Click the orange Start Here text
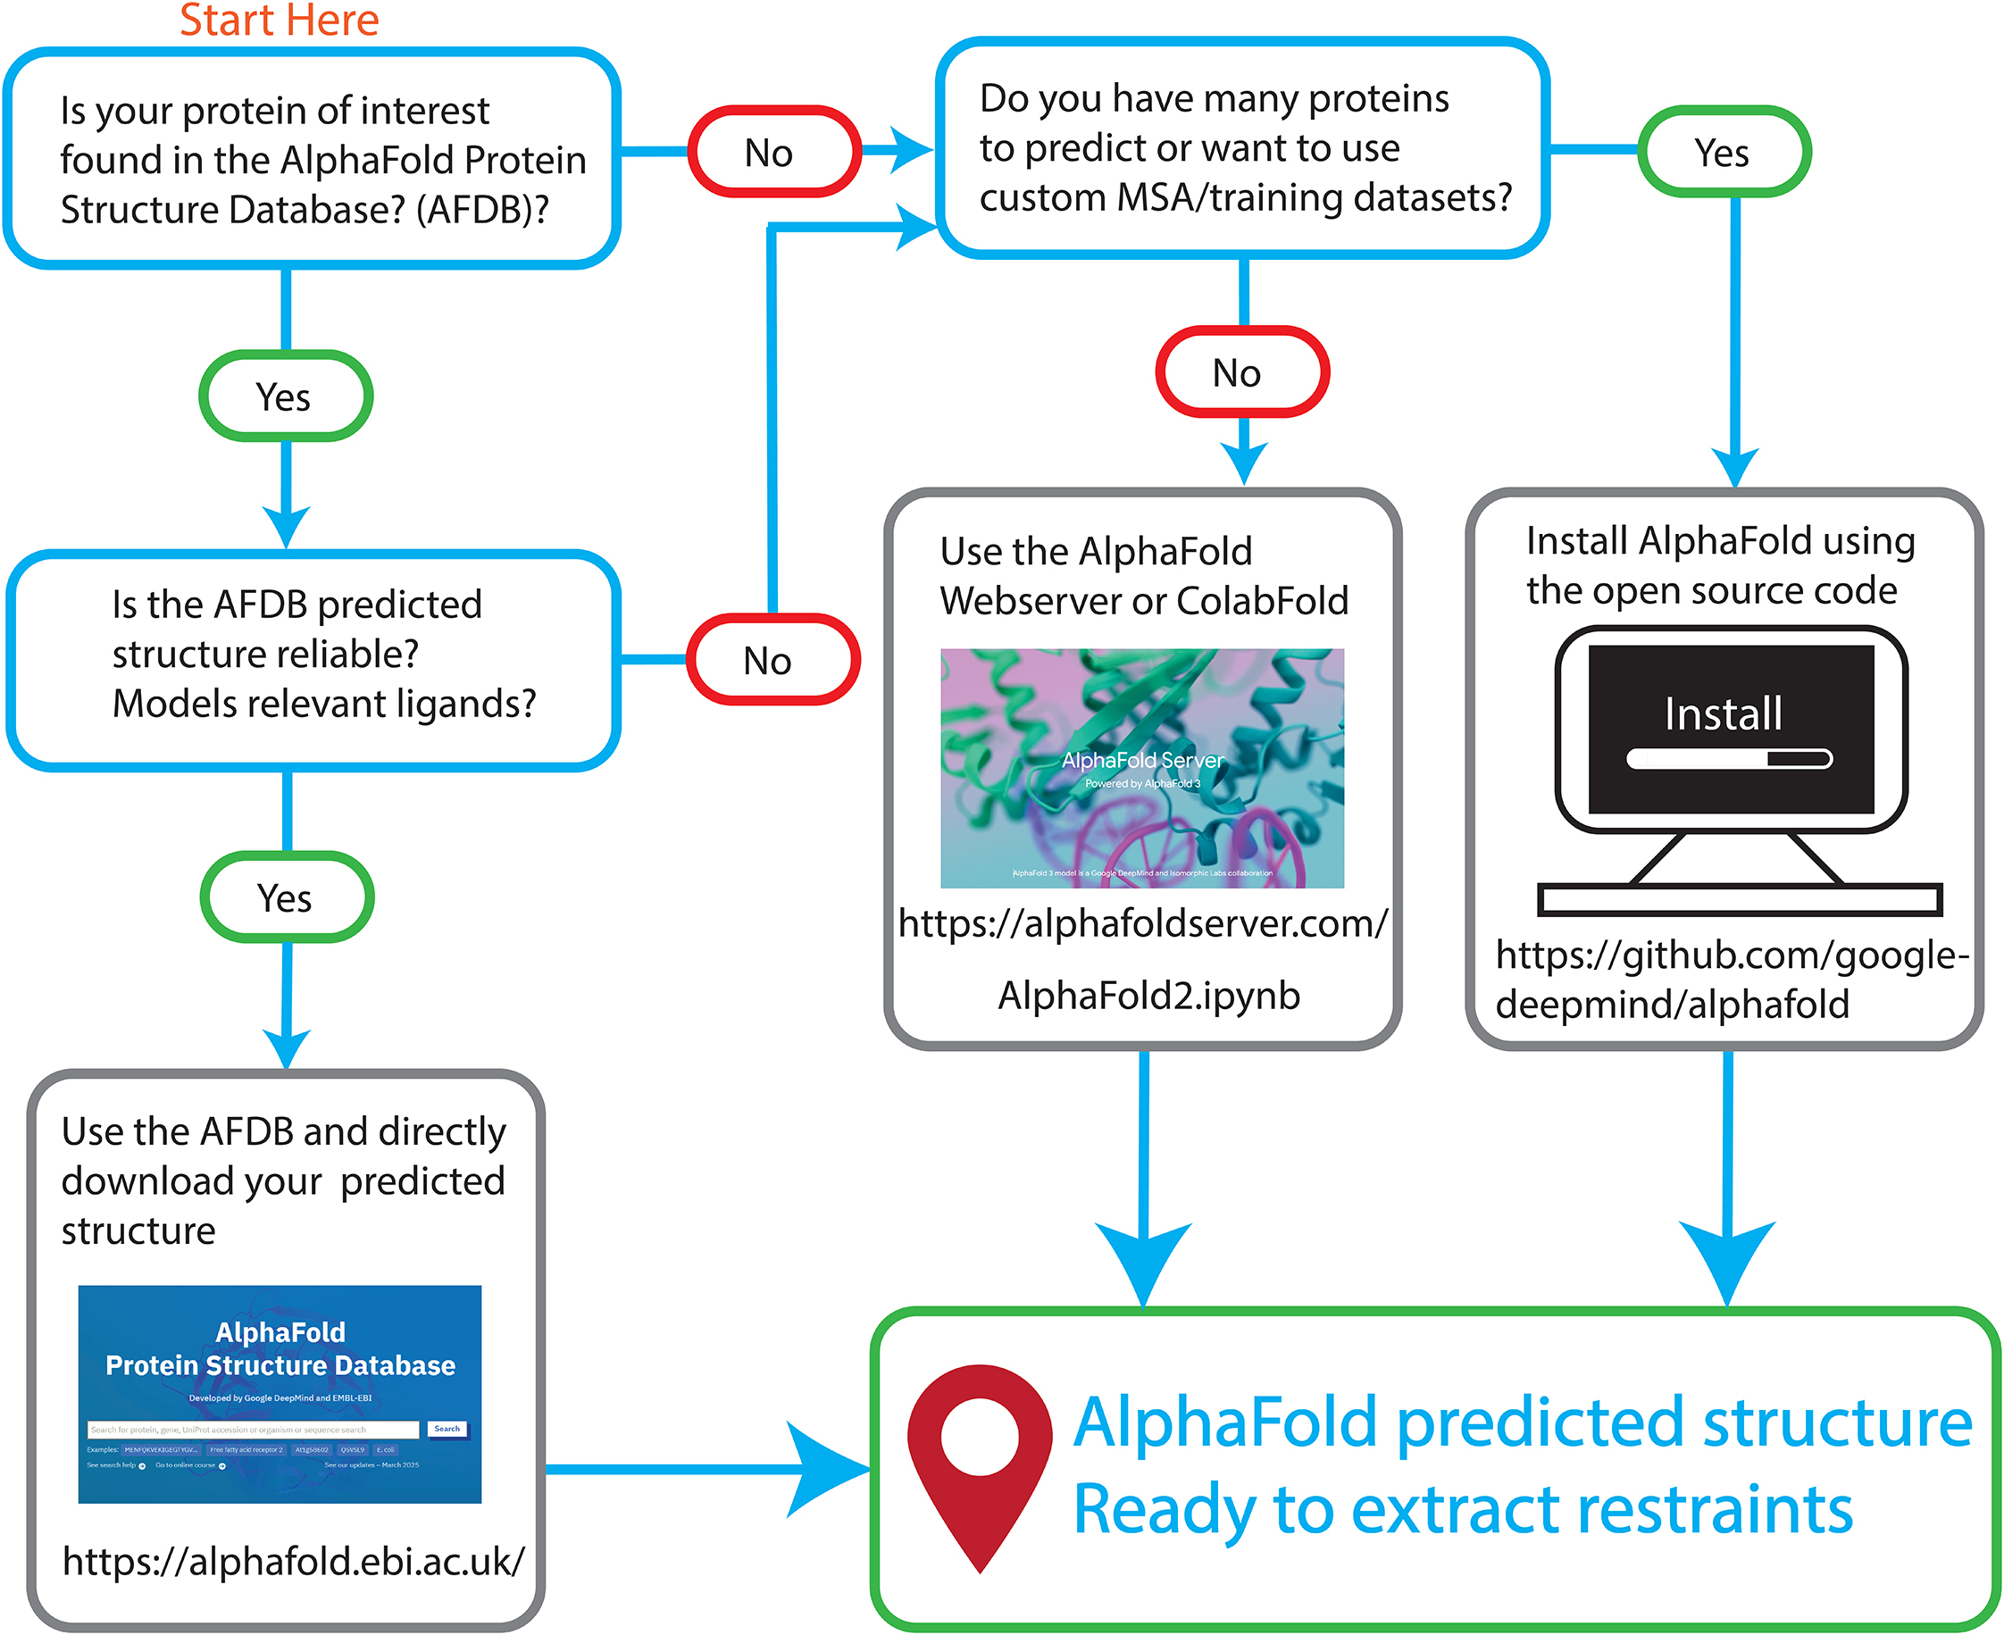click(279, 21)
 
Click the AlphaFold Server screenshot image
click(1141, 768)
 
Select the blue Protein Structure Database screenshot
click(280, 1393)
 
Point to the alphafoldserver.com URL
click(1142, 923)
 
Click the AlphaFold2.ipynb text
click(1149, 996)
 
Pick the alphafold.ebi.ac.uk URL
click(293, 1561)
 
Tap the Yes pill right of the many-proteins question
click(1724, 152)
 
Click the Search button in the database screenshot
click(447, 1429)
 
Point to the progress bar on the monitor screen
click(1728, 758)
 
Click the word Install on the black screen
click(1723, 713)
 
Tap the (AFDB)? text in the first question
click(482, 209)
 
